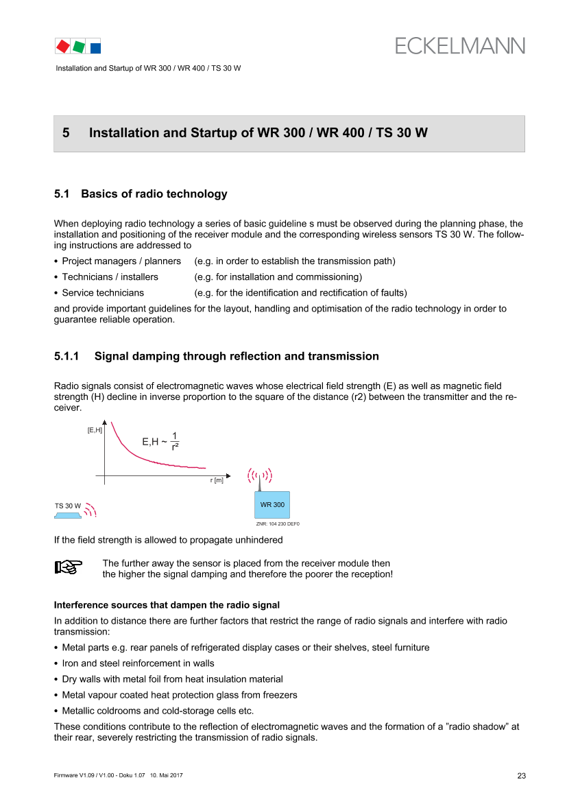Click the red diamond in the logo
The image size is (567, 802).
click(63, 46)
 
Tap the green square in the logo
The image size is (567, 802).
click(79, 47)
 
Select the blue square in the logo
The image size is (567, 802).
click(95, 48)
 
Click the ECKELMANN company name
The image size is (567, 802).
click(459, 46)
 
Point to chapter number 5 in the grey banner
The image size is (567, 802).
click(66, 133)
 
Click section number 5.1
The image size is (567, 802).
click(61, 194)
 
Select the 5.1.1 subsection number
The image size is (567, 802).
click(67, 356)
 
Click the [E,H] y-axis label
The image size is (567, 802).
click(95, 430)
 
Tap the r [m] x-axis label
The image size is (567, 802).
click(217, 480)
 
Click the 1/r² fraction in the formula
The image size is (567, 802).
click(175, 441)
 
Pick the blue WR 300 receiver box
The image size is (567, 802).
click(272, 505)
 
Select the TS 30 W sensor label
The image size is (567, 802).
click(67, 506)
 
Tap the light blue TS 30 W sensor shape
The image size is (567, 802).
click(67, 516)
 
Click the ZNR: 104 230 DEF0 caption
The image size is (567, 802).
click(278, 523)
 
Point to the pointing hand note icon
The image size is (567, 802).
click(69, 567)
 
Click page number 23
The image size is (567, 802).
click(522, 776)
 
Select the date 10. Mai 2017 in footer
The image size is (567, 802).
click(166, 775)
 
